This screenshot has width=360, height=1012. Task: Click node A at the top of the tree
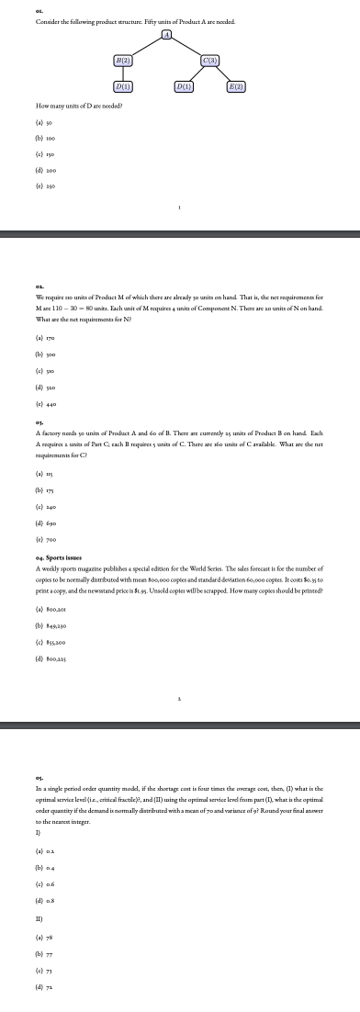pyautogui.click(x=167, y=35)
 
